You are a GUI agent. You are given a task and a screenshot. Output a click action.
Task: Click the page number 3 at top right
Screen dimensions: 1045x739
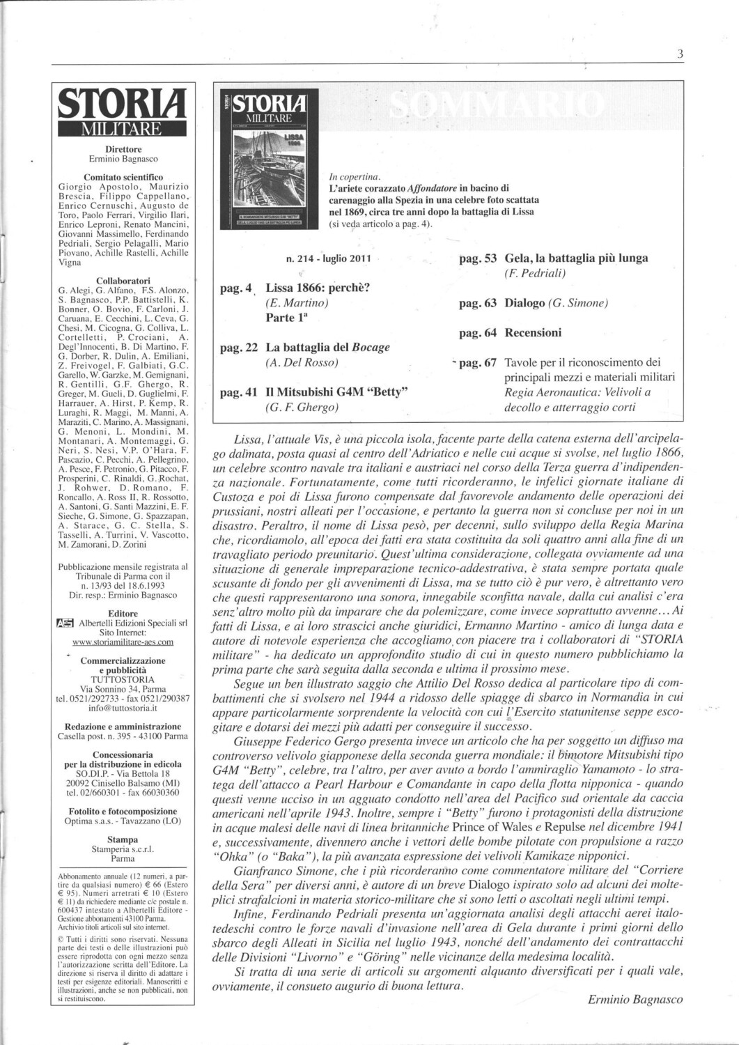coord(680,55)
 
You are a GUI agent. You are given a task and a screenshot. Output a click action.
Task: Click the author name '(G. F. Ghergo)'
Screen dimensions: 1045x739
coord(302,408)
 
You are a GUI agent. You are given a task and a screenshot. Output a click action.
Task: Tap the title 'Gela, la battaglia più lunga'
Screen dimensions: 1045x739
coord(576,258)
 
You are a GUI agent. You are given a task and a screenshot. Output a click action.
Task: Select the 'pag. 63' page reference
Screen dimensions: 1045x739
coord(478,303)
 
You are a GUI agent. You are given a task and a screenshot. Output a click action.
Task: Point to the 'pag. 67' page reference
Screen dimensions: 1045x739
coord(478,362)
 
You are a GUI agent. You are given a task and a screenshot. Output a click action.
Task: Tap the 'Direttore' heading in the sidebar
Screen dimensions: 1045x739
coord(123,149)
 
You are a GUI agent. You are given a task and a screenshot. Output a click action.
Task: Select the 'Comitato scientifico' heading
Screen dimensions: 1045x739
coord(123,178)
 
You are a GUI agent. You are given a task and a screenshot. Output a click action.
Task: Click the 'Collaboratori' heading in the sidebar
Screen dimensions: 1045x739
coord(123,281)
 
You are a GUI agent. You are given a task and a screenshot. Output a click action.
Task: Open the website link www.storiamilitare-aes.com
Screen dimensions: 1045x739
coord(123,642)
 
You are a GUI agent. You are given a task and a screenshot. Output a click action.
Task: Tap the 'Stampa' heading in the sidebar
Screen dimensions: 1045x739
coord(123,839)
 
